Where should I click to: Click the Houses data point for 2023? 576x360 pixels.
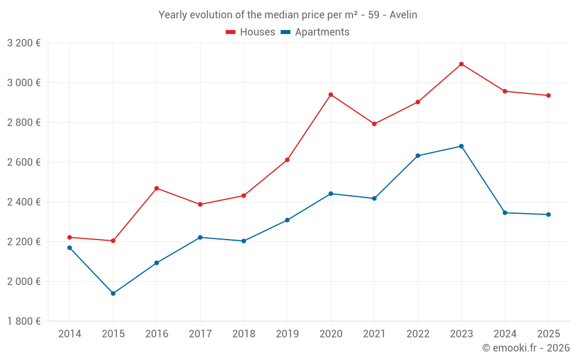(x=461, y=64)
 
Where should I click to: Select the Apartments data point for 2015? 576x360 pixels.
(x=113, y=294)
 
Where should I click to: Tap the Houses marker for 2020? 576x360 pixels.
(x=331, y=94)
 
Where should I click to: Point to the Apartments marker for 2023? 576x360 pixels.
(x=461, y=146)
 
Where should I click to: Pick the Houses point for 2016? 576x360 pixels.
(x=157, y=188)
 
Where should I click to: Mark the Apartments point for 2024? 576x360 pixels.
(x=505, y=213)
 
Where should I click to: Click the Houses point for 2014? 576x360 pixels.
(x=70, y=237)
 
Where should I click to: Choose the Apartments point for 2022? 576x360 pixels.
(x=418, y=156)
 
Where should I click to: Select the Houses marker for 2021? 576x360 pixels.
(x=374, y=124)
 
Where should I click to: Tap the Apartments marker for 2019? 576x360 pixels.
(x=287, y=220)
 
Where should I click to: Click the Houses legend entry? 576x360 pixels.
(x=251, y=32)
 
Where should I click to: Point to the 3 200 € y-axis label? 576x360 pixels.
(x=24, y=43)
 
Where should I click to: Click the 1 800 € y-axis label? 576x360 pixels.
(x=24, y=321)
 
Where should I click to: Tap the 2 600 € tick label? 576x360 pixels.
(x=24, y=162)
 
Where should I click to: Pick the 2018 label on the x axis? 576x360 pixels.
(x=244, y=334)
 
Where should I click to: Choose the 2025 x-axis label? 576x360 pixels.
(x=548, y=334)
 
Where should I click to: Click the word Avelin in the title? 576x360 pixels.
(x=403, y=15)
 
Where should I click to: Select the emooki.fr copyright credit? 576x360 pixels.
(x=526, y=348)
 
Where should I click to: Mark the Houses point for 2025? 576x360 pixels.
(x=548, y=96)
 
